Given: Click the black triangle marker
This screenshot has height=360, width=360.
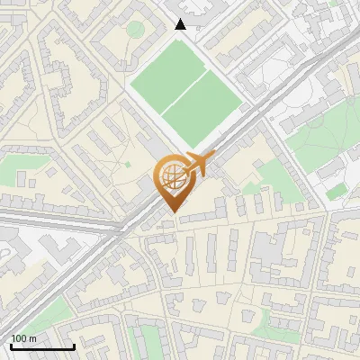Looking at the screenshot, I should point(181,24).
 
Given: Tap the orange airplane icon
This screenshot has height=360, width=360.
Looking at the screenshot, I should point(199,163).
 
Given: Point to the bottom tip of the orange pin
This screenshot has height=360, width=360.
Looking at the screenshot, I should point(170,212).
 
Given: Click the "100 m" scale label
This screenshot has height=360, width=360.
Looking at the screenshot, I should point(23,338).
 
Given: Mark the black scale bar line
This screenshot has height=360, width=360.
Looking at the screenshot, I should point(41,346).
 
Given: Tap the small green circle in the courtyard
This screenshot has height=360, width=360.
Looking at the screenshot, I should point(134,30).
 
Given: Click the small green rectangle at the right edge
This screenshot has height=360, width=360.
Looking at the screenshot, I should point(336,192).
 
